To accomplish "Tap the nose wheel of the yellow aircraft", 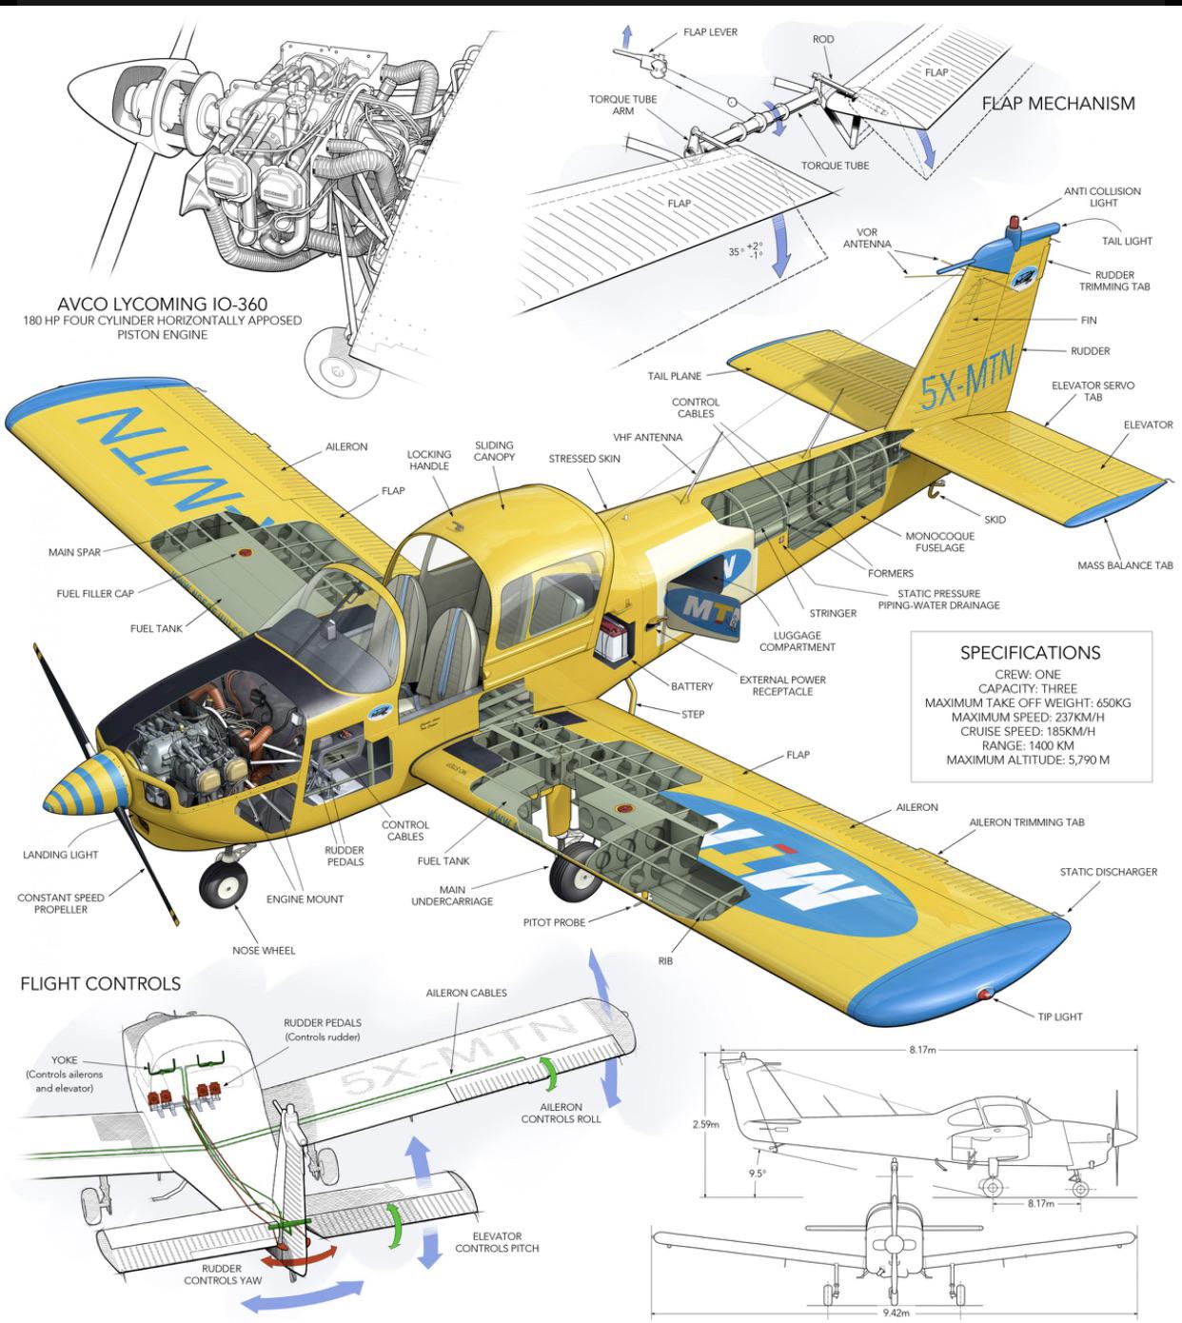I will coord(224,885).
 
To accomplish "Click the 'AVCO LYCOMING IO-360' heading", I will coord(162,305).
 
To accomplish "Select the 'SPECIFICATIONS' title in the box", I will coord(1030,653).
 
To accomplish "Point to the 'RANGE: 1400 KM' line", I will coord(1030,745).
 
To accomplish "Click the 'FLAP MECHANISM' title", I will coord(1058,104).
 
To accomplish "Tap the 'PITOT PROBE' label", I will coord(554,922).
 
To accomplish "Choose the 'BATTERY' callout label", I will coord(692,686).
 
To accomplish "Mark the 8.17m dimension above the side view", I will coord(921,1050).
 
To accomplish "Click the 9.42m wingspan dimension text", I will coord(896,1313).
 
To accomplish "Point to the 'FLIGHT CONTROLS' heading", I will coord(100,984).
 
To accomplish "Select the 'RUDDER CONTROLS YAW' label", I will coord(223,1274).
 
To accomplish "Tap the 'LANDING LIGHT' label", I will coord(60,855).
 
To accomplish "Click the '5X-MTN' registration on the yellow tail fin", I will coord(966,378).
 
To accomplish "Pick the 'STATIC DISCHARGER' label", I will coord(1108,872).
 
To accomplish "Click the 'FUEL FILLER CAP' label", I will coord(95,594).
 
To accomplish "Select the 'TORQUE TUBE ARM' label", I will coord(622,105).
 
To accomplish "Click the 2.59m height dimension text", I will coord(705,1124).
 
